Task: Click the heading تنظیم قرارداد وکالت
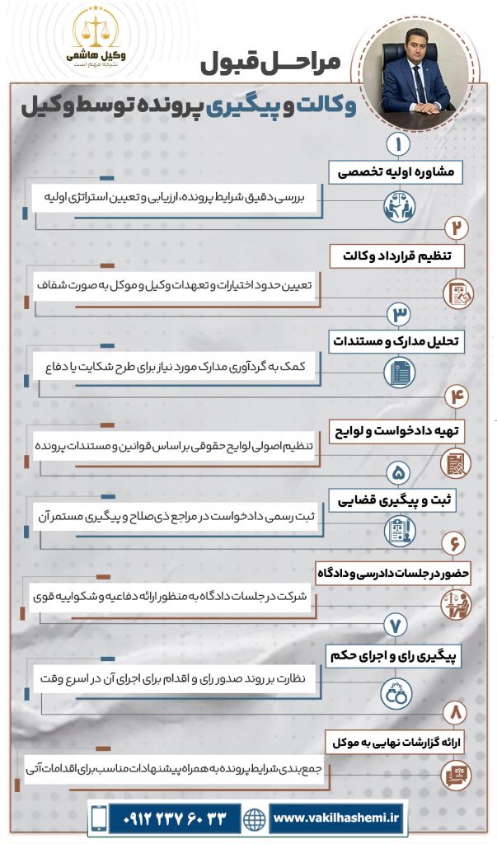[x=397, y=256]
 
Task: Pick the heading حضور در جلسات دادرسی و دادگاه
[x=393, y=572]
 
